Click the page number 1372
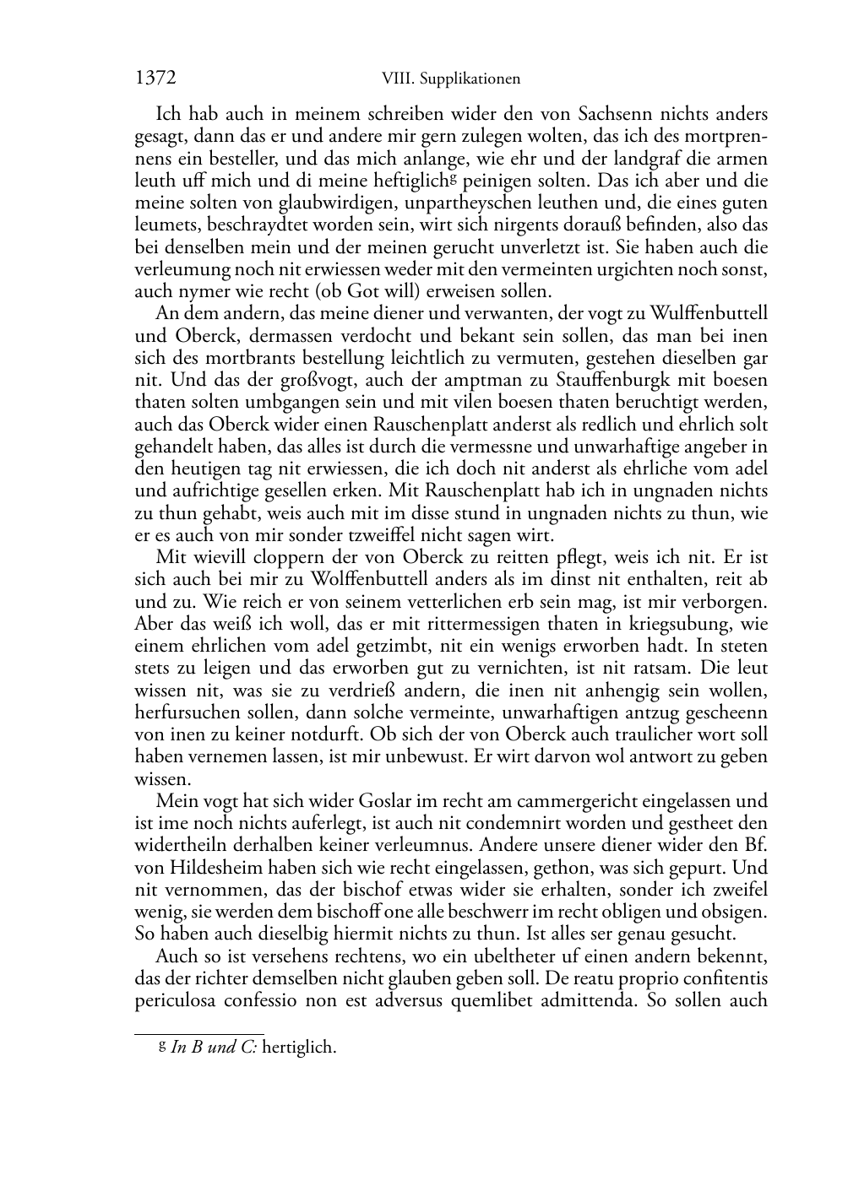click(x=155, y=79)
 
